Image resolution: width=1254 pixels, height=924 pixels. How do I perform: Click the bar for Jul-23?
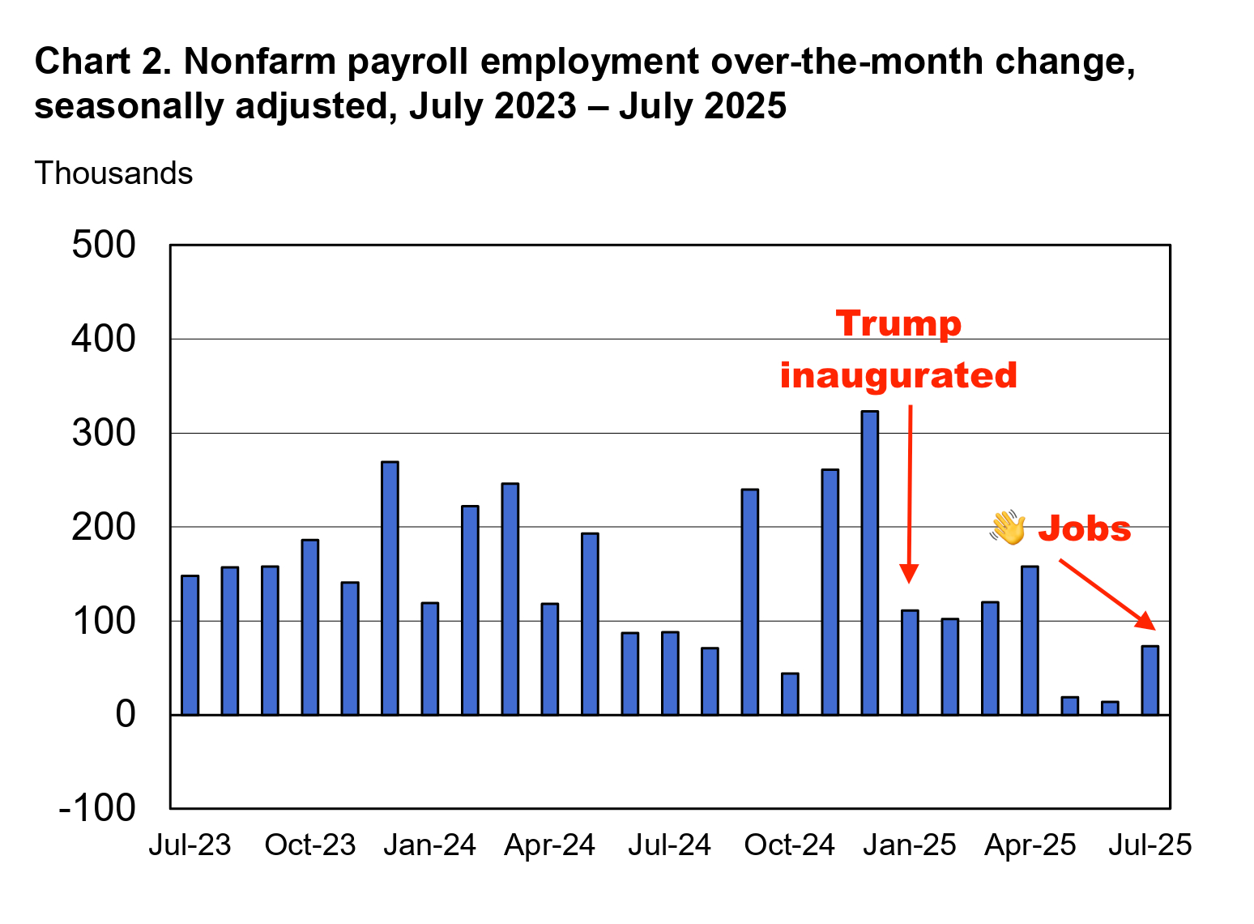click(190, 645)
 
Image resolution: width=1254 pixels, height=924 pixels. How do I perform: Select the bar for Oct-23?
click(309, 627)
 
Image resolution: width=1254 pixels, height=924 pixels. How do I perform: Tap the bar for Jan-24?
click(429, 659)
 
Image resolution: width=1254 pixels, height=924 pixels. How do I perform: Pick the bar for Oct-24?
click(790, 694)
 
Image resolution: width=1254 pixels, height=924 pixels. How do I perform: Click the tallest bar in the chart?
click(869, 563)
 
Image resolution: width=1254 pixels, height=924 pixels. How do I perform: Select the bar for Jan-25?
click(910, 662)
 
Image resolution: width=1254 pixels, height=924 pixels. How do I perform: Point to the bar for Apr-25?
click(1030, 640)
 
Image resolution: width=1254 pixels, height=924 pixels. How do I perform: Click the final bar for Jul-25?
click(1149, 680)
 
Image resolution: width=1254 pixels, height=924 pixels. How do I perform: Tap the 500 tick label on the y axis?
click(104, 245)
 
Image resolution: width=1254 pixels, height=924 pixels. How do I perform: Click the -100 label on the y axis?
click(97, 808)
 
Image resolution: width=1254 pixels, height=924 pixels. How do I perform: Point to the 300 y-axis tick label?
click(104, 433)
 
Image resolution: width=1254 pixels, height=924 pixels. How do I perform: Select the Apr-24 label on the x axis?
click(549, 845)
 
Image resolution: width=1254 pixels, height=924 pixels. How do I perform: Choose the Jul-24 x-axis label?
click(669, 845)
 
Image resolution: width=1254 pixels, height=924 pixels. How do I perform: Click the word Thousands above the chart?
click(113, 173)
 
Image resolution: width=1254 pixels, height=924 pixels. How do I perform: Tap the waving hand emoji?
click(1008, 528)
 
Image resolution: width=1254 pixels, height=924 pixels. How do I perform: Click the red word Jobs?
click(1084, 528)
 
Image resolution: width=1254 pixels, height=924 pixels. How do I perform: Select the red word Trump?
click(898, 323)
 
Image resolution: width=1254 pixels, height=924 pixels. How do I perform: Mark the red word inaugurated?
click(898, 375)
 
